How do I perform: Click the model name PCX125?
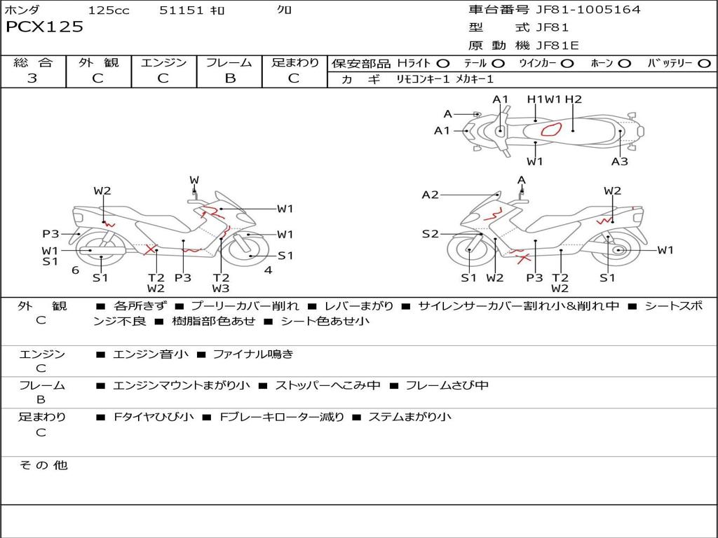44,27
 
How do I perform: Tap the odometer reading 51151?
181,11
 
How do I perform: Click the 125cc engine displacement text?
109,11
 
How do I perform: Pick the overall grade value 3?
32,78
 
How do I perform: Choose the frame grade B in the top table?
230,78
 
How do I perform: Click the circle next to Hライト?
443,63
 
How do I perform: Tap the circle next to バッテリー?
704,63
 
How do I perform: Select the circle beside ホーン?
625,63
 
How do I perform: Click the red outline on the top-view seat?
552,130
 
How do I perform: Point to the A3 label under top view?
619,162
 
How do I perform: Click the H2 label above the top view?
574,99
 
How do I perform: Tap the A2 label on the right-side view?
430,195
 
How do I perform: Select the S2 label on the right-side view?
430,234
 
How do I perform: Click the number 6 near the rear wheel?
75,270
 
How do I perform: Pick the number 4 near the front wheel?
268,270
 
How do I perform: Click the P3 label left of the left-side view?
50,234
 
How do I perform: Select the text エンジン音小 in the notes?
151,354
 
